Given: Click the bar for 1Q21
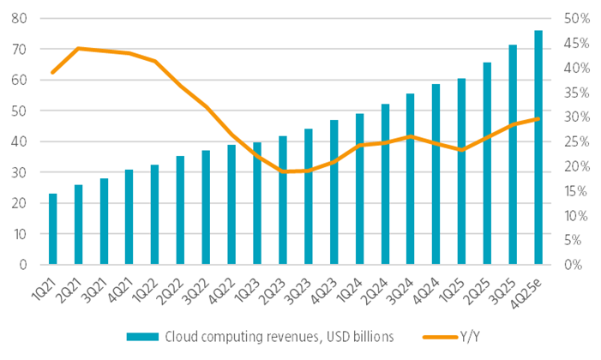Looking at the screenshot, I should click(53, 229).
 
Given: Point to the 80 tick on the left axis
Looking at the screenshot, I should click(21, 18).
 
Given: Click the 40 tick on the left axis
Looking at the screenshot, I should click(21, 141).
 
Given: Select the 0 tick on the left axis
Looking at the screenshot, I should click(24, 265).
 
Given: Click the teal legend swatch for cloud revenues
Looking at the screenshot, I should click(141, 337).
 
